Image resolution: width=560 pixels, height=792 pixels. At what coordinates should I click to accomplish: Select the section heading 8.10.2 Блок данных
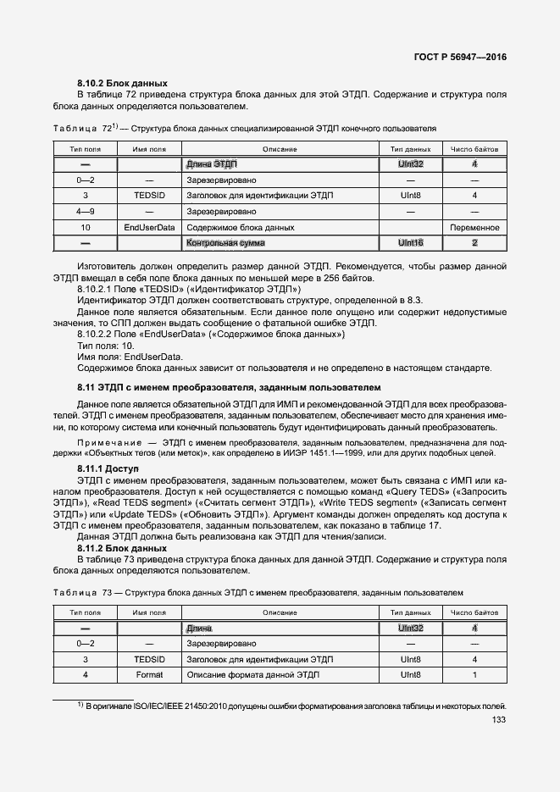coord(122,83)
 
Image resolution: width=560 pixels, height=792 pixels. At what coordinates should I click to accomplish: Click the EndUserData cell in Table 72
coord(149,228)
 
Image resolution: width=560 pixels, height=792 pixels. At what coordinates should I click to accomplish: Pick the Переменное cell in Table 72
coord(474,228)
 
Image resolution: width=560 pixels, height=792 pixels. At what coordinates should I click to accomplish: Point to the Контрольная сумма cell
coord(225,243)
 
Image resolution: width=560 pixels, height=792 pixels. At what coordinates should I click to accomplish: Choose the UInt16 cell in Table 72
coord(410,243)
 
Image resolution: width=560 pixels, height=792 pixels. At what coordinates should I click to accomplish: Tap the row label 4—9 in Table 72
coord(85,212)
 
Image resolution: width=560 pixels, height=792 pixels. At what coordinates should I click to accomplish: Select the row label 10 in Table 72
coord(85,228)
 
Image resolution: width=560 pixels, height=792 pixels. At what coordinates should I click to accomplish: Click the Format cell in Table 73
coord(149,675)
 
